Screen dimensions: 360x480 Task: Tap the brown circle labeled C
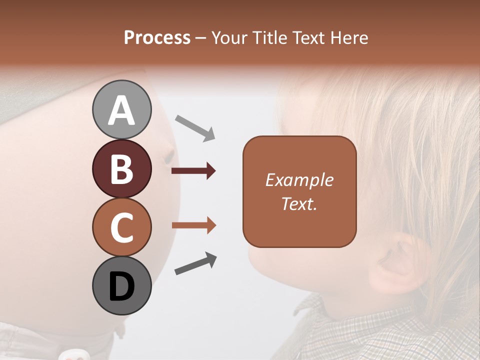(x=121, y=226)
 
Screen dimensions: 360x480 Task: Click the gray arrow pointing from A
(x=195, y=127)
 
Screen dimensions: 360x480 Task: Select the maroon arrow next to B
(x=193, y=171)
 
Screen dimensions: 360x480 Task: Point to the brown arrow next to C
(x=193, y=225)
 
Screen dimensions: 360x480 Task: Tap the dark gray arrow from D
(x=195, y=264)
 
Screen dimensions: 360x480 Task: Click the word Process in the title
(x=157, y=37)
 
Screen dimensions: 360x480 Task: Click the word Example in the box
(x=299, y=180)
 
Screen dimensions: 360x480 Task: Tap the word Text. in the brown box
(x=299, y=203)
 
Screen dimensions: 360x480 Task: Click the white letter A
(x=121, y=111)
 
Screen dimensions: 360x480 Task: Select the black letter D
(x=121, y=286)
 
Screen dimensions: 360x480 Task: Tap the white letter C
(x=121, y=227)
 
